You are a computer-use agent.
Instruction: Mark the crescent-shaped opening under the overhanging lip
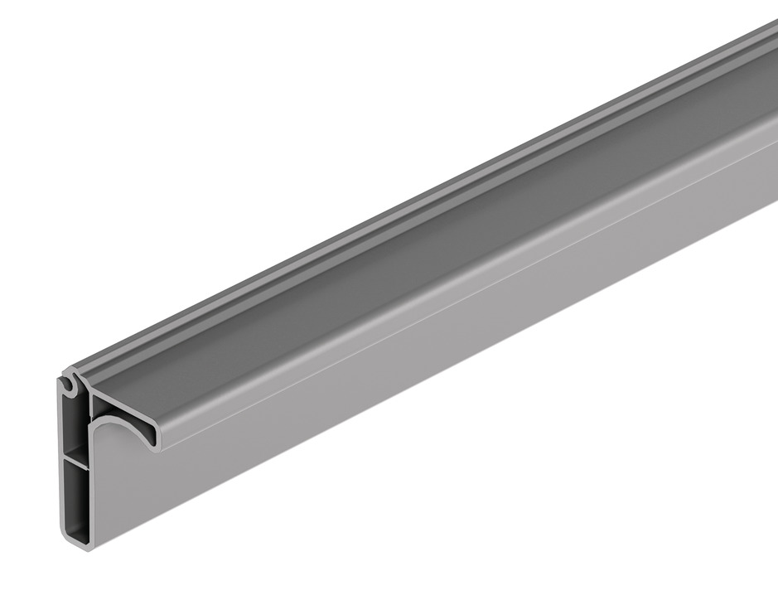[124, 432]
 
